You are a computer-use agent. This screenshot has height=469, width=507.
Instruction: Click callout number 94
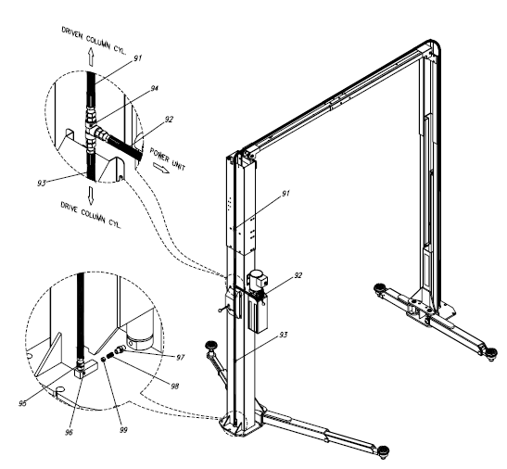coord(155,88)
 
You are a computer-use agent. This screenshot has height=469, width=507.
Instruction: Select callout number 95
coord(22,403)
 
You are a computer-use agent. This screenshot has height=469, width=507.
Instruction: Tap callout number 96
coord(69,432)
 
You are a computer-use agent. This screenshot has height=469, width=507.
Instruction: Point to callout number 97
coord(180,358)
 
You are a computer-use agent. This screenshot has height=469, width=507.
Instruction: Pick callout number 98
coord(174,386)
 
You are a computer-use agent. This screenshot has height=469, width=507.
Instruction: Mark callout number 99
coord(123,430)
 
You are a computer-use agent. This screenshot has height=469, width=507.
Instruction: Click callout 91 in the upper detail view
coord(138,58)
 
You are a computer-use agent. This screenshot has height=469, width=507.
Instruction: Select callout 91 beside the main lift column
coord(285,194)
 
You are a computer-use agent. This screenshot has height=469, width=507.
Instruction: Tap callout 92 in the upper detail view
coord(169,120)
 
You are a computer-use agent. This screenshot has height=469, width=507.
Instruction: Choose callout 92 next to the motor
coord(298,275)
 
